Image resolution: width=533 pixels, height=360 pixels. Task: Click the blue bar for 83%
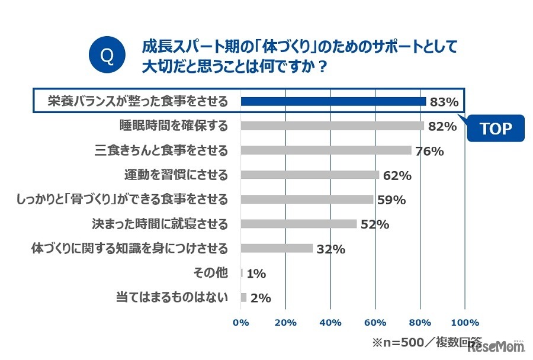(333, 101)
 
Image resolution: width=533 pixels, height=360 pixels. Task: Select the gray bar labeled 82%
(332, 126)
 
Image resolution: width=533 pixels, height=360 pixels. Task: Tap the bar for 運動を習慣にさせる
(310, 175)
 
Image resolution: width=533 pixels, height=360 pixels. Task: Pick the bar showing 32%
(277, 249)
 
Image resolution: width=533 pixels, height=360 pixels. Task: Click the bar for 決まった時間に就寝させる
(298, 224)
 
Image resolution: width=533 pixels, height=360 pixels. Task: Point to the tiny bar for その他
(242, 273)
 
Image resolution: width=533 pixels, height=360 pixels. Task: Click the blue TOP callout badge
(495, 128)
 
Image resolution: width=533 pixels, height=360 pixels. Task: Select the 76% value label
(429, 151)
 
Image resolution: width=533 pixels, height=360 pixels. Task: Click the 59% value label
(391, 200)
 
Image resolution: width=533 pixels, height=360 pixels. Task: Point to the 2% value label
(261, 298)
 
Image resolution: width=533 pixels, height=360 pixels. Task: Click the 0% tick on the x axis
(241, 323)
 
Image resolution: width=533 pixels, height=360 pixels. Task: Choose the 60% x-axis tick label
(375, 323)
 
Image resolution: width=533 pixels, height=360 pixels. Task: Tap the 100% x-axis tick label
(465, 323)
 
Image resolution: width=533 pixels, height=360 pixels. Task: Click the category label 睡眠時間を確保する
(174, 126)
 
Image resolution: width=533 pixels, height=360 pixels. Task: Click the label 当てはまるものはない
(172, 298)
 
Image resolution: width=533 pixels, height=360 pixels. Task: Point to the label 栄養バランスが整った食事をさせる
(138, 101)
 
